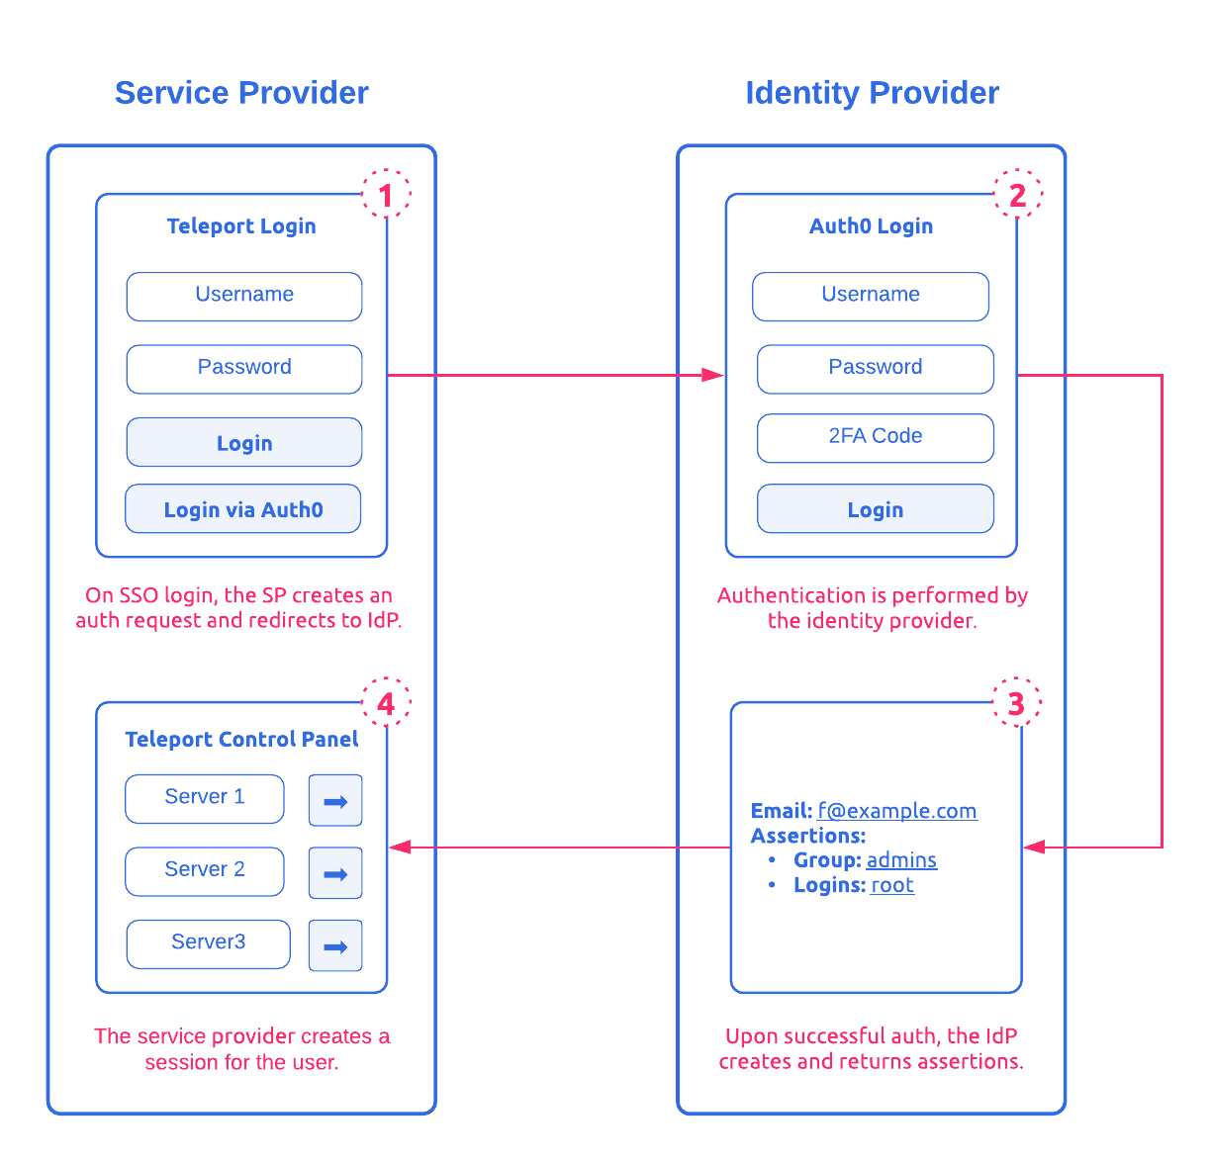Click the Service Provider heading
click(x=241, y=93)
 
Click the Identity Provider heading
click(x=872, y=93)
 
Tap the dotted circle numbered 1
click(x=386, y=195)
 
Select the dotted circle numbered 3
click(x=1016, y=703)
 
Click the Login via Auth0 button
click(x=243, y=509)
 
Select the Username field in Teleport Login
click(x=244, y=296)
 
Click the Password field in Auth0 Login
click(x=875, y=368)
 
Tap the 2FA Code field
click(x=875, y=437)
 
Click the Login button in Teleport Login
click(x=244, y=442)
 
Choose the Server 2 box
click(x=205, y=870)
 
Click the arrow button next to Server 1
click(x=335, y=800)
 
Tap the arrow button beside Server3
click(x=335, y=945)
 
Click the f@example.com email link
click(x=896, y=811)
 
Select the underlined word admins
click(x=901, y=860)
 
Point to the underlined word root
click(x=891, y=885)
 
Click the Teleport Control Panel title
click(x=241, y=739)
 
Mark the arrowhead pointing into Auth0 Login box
click(x=712, y=375)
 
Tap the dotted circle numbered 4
click(x=386, y=703)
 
